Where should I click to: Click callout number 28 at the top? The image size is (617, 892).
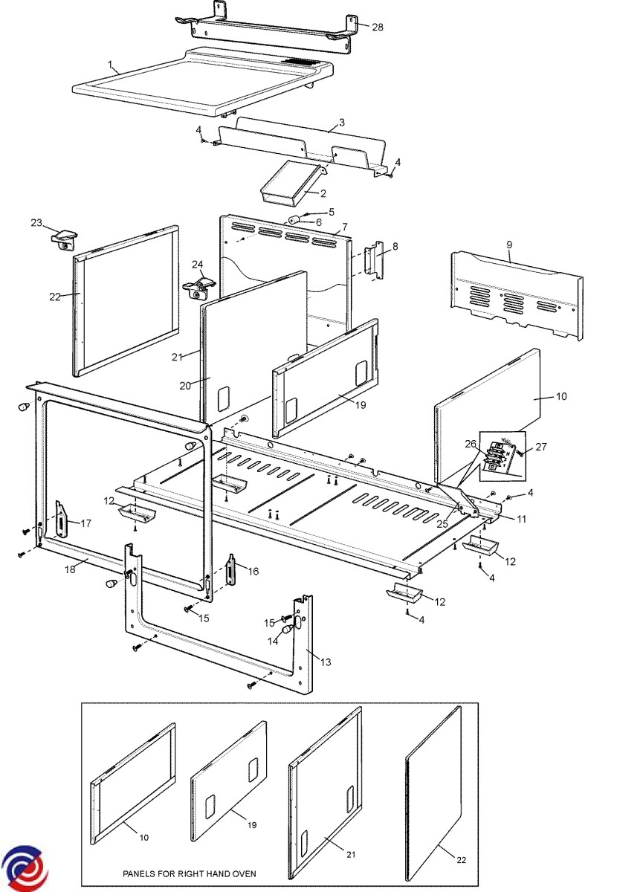[x=378, y=27]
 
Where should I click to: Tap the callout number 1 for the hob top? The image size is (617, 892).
[x=112, y=65]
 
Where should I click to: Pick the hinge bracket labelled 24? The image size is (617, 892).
[x=199, y=286]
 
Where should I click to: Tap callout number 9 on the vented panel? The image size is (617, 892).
[x=509, y=244]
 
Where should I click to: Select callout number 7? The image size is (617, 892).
[x=344, y=225]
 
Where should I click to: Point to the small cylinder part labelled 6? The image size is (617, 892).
[x=294, y=220]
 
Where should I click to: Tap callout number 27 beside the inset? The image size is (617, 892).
[x=540, y=447]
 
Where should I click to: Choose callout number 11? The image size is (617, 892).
[x=521, y=519]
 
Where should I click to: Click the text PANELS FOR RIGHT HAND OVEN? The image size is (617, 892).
[x=190, y=874]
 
